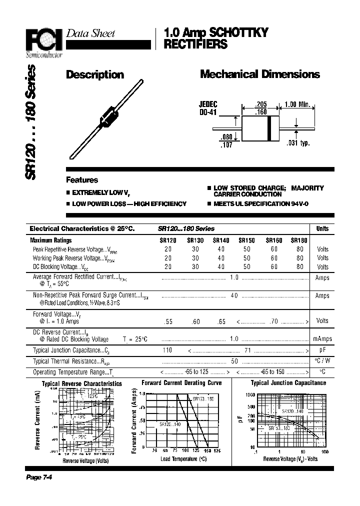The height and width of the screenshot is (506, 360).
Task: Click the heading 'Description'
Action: tap(95, 75)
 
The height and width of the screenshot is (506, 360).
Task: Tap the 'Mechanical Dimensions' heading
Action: tap(259, 74)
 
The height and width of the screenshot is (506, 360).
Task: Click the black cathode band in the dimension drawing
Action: tap(269, 128)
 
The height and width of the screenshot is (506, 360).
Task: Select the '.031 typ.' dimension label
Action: tap(298, 143)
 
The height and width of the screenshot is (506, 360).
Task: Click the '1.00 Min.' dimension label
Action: tap(297, 104)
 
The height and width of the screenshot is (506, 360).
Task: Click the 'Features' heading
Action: tap(82, 180)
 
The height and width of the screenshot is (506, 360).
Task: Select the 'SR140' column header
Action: tap(221, 240)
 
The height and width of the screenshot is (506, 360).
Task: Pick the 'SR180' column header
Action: tap(299, 240)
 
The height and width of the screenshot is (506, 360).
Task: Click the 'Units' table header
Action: tap(322, 228)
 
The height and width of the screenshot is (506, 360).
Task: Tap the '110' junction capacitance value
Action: tap(167, 350)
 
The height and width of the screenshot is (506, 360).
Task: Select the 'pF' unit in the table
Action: tap(322, 350)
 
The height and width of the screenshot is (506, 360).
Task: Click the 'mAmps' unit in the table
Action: tap(322, 339)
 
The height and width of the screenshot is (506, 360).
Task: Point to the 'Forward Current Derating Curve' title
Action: tap(181, 383)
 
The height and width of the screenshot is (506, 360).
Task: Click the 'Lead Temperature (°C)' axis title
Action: tap(183, 458)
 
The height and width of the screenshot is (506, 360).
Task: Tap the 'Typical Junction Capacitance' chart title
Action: tap(288, 383)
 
